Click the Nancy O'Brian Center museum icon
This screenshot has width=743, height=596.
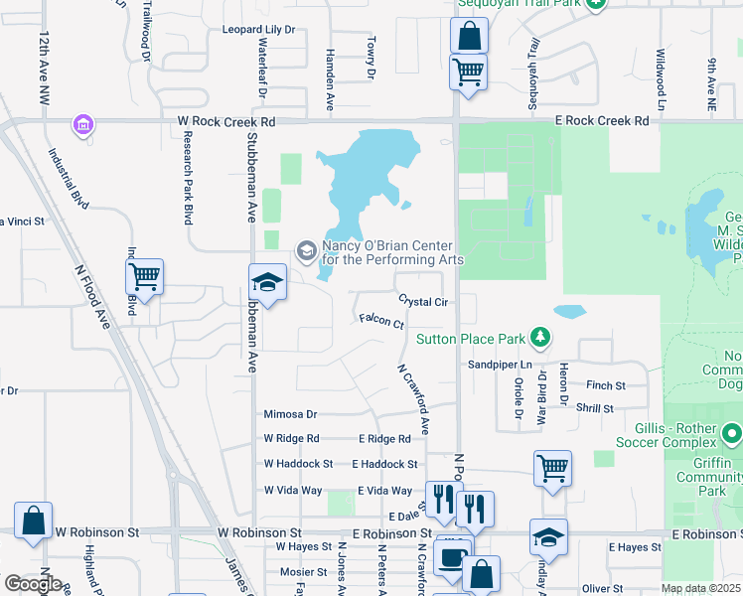pos(306,248)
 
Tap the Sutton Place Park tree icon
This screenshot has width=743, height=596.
pos(539,339)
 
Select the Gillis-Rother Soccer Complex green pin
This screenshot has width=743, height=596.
pos(732,433)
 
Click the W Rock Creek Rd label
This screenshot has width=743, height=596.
pos(225,120)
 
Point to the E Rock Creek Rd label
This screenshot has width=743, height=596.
pos(602,120)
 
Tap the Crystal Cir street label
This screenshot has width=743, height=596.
pos(425,301)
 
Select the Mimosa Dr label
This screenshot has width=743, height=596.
pos(290,414)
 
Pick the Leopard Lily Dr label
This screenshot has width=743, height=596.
pos(259,30)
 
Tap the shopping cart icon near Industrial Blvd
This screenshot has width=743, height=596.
pos(144,277)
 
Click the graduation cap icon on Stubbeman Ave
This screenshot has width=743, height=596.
pos(267,282)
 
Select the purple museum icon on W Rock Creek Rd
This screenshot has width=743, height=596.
pos(82,125)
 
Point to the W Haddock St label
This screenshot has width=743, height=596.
pos(298,464)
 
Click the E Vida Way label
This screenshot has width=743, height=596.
pos(381,491)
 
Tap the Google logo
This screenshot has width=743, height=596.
pos(33,583)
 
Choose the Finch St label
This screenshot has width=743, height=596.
pos(606,385)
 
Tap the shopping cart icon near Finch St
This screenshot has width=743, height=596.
pos(552,468)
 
